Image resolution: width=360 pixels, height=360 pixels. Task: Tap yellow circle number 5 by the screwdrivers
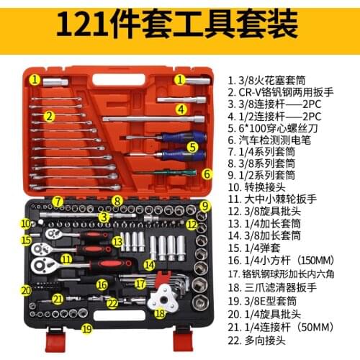(193, 146)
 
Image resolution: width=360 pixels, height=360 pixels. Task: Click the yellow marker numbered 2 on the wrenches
(49, 115)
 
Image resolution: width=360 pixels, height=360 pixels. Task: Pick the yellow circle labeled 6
(207, 174)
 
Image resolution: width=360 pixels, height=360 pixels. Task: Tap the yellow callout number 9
(204, 206)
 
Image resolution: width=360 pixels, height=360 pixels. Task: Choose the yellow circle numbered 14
(149, 264)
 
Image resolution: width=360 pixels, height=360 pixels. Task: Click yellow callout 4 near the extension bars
(182, 109)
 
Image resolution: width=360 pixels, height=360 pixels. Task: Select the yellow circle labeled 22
(112, 303)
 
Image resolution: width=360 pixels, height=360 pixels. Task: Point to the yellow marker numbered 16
(102, 285)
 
